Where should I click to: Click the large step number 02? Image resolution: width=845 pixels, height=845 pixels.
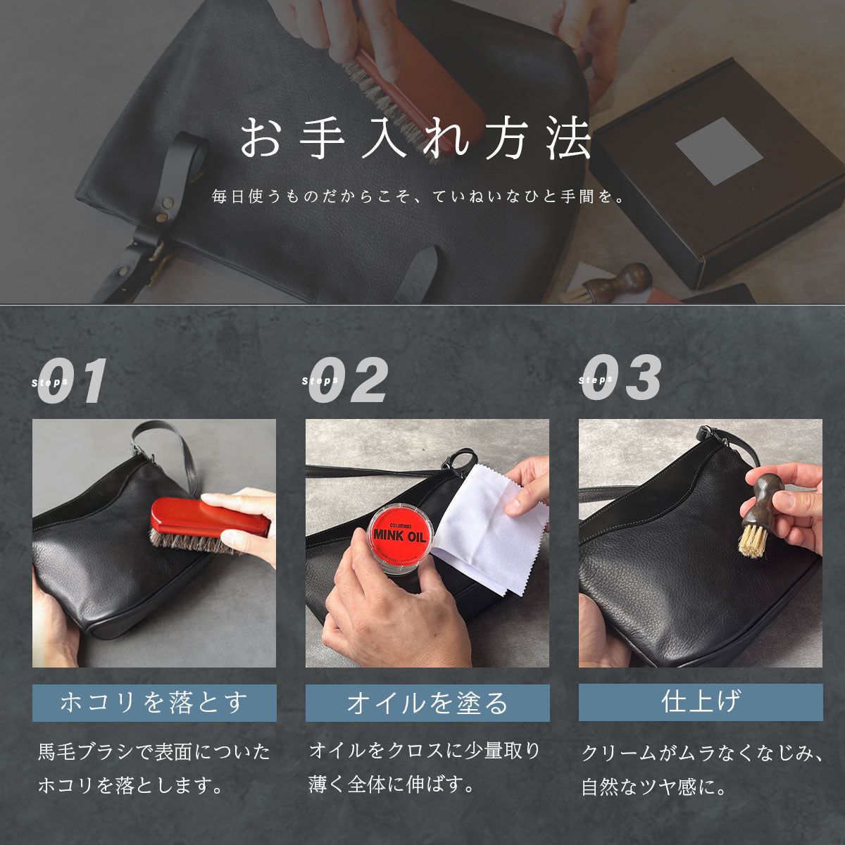pos(349,381)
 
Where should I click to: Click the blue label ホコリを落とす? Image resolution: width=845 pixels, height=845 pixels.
pos(154,702)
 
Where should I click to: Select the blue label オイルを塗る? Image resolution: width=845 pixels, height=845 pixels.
pos(427,703)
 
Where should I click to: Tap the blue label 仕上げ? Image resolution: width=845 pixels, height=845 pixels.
pos(701,701)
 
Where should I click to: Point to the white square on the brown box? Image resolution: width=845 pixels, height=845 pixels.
pos(719,151)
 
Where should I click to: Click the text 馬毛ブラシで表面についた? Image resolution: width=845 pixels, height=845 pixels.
pos(154,752)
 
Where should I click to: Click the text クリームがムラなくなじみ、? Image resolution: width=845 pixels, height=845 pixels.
pos(702,753)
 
